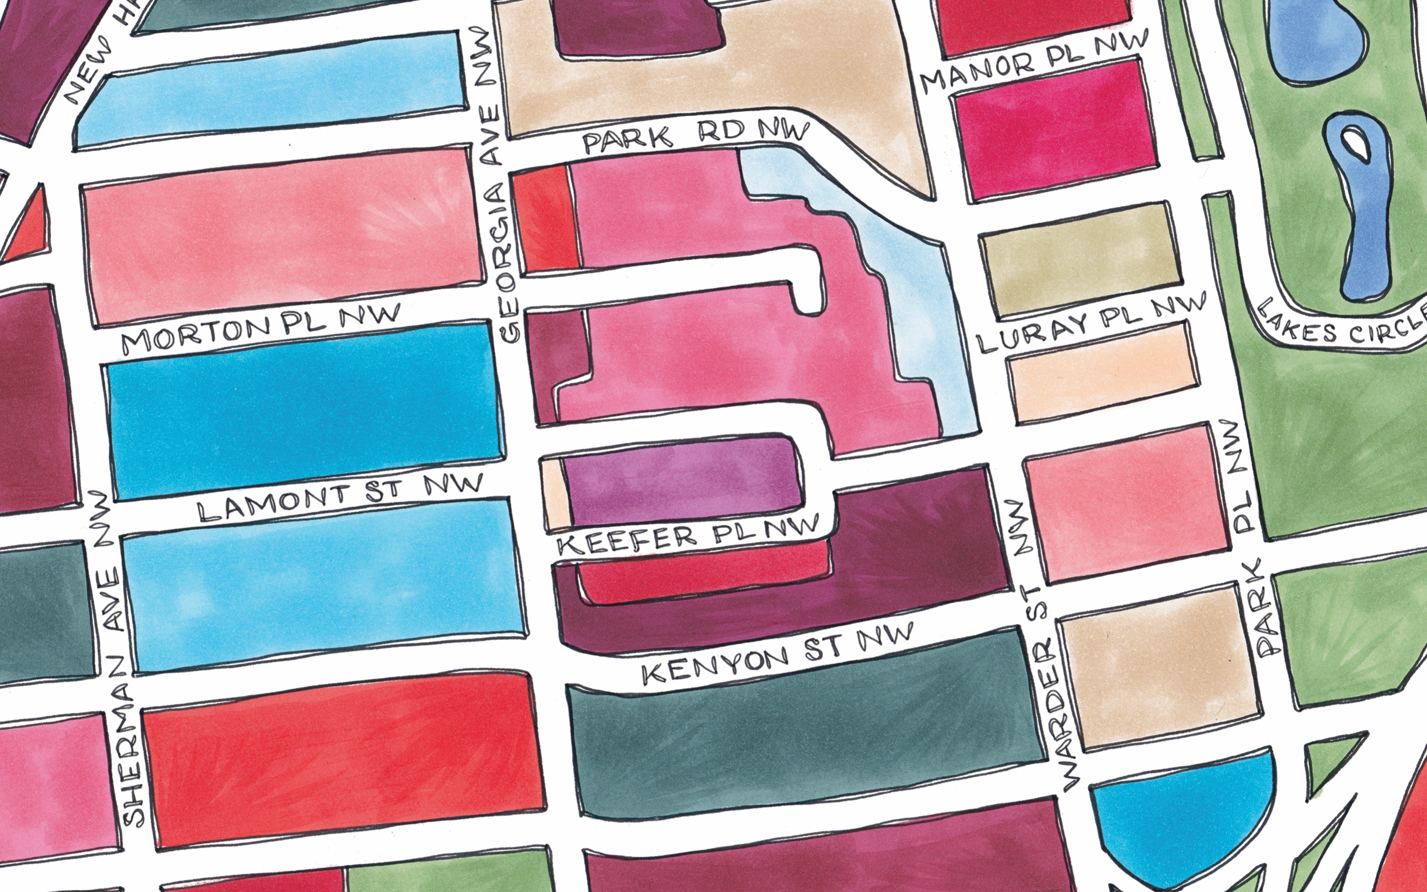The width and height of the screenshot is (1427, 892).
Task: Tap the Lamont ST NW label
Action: tap(339, 501)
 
